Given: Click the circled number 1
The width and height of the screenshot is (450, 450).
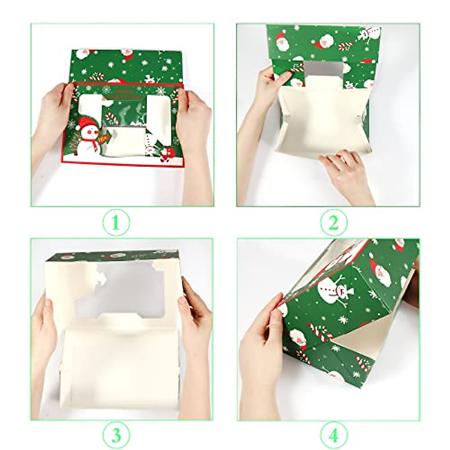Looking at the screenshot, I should pos(115,223).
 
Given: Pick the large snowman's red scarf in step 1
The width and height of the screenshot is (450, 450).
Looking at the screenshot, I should pos(88,141).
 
